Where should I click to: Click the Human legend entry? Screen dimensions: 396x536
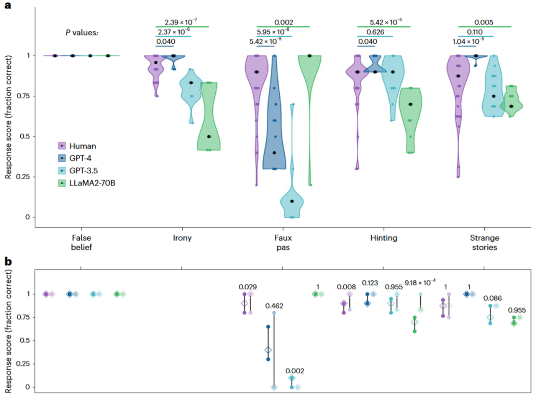82,146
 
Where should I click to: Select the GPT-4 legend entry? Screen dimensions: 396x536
80,158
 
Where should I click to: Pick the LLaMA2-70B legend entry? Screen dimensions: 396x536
92,183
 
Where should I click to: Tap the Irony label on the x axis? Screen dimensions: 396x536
182,238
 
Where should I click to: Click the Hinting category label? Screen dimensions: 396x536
384,238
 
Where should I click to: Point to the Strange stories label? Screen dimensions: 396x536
484,242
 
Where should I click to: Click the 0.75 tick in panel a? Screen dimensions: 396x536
23,96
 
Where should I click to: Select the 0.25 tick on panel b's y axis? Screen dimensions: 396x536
23,363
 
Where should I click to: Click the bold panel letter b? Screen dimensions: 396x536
8,262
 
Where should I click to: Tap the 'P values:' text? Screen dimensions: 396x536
82,33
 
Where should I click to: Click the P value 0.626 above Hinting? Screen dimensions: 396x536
375,32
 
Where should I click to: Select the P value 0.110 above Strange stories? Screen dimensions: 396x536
475,32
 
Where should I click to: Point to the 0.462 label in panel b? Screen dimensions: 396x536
274,306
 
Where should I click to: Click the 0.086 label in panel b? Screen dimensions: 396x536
492,298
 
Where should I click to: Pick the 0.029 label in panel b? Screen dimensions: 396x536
248,287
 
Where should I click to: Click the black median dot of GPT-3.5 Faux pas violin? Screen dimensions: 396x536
292,201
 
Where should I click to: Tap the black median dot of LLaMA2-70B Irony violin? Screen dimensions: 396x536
209,137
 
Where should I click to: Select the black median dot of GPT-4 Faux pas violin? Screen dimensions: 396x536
274,153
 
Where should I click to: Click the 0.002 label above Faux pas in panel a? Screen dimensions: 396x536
284,23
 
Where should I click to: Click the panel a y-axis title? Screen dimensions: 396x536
8,117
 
